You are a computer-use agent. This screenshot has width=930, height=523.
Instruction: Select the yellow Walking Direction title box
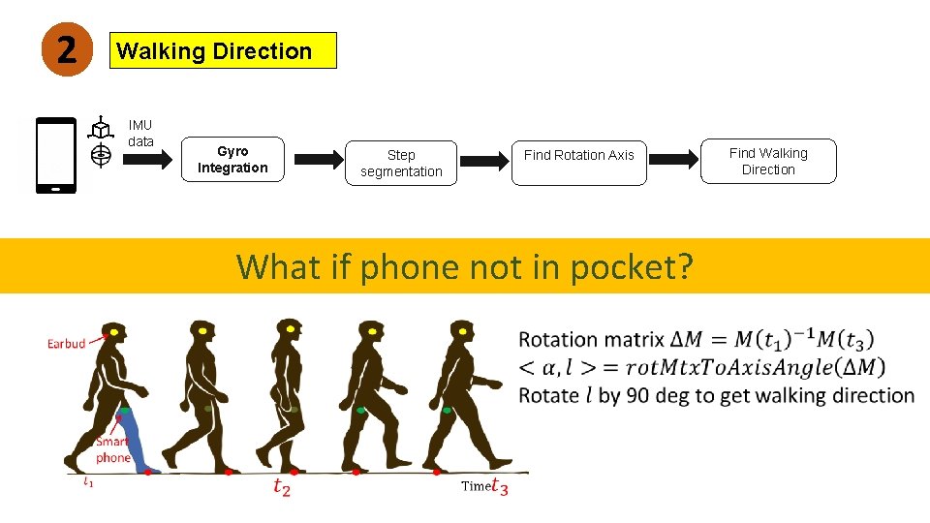[225, 51]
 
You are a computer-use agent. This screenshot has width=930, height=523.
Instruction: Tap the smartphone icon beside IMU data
[56, 155]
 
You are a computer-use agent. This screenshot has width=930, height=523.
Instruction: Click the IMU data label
[141, 134]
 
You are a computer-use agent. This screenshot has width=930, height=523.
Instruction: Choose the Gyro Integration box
[232, 160]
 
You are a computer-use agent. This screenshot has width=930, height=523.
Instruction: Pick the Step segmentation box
[401, 164]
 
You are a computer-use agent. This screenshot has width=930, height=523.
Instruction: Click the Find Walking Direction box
[768, 161]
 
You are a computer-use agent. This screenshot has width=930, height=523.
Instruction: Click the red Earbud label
[67, 343]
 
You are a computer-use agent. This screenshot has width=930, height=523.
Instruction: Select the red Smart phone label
[113, 449]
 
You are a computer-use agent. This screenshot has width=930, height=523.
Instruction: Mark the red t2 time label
[282, 487]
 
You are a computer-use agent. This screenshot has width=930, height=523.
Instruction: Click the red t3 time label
[499, 487]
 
